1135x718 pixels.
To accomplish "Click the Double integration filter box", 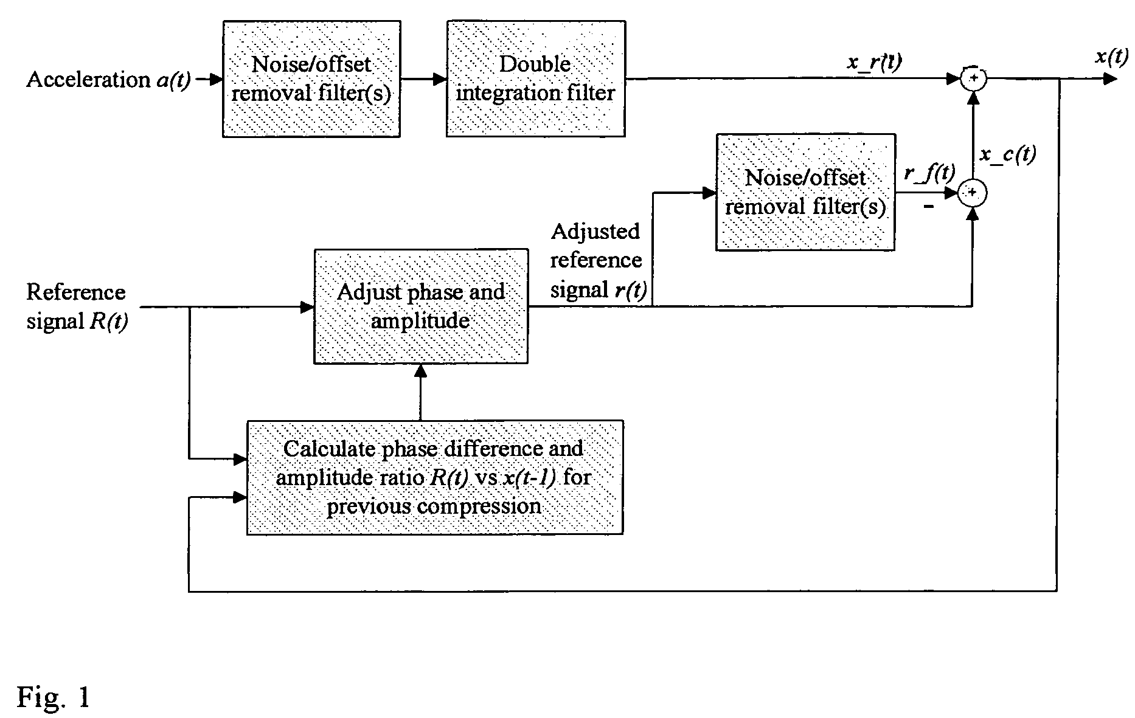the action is tap(536, 79).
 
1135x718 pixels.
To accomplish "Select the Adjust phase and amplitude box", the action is tap(421, 306).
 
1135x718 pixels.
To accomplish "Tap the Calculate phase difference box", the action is tap(435, 477).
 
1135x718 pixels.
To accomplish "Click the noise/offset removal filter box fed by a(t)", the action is tap(311, 79).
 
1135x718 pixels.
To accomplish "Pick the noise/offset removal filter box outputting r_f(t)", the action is tap(805, 192).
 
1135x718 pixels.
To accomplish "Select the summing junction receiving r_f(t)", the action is tap(973, 193).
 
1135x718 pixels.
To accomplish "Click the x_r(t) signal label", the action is tap(875, 63).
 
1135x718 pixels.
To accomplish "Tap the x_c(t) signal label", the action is tap(1008, 154).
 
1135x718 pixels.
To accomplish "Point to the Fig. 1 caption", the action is tap(54, 697).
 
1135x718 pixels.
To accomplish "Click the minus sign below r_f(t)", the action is tap(929, 207).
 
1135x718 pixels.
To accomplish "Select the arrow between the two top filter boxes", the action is tap(423, 79).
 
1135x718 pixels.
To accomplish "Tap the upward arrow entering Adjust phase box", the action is tap(420, 392).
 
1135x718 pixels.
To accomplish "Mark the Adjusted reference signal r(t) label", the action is tap(596, 261).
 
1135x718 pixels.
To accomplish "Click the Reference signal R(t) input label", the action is tap(77, 306).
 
